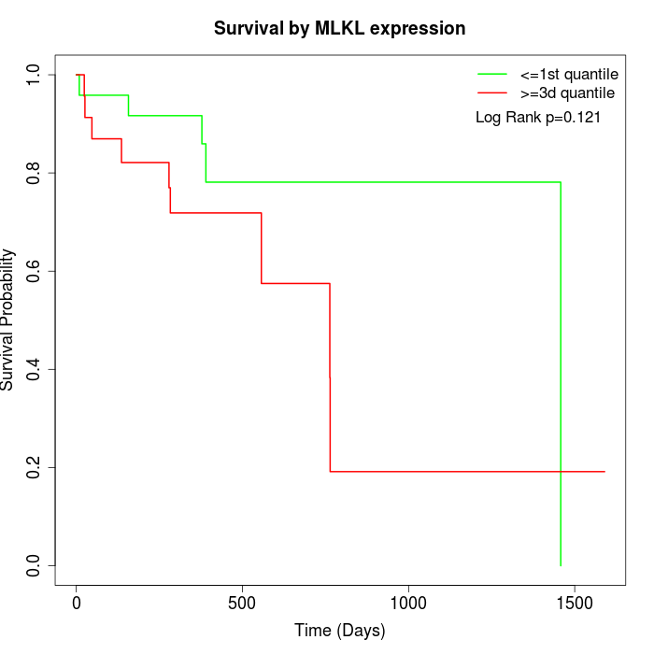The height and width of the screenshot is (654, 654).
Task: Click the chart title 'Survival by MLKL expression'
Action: pyautogui.click(x=339, y=28)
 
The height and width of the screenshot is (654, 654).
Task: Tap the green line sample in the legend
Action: pyautogui.click(x=492, y=74)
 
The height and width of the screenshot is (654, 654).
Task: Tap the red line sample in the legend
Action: pyautogui.click(x=492, y=93)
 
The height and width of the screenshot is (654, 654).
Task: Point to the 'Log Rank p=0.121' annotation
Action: pyautogui.click(x=538, y=118)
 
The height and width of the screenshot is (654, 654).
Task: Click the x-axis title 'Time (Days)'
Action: pyautogui.click(x=339, y=631)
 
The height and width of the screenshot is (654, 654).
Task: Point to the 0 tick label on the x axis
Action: pyautogui.click(x=76, y=603)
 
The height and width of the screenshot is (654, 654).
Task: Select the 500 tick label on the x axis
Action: pyautogui.click(x=242, y=603)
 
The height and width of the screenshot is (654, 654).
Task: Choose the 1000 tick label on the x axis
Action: pyautogui.click(x=408, y=603)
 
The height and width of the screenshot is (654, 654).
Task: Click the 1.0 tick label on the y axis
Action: pyautogui.click(x=34, y=75)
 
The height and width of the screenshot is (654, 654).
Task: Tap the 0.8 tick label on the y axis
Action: pyautogui.click(x=34, y=173)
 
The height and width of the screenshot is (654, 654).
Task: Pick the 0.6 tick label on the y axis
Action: pyautogui.click(x=34, y=271)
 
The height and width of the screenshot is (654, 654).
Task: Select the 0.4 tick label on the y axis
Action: pyautogui.click(x=34, y=369)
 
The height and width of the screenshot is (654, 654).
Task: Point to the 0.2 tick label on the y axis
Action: pyautogui.click(x=34, y=467)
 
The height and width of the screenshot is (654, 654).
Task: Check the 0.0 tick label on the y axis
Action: pyautogui.click(x=34, y=565)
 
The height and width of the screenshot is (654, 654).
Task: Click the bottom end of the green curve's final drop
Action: pyautogui.click(x=561, y=565)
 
